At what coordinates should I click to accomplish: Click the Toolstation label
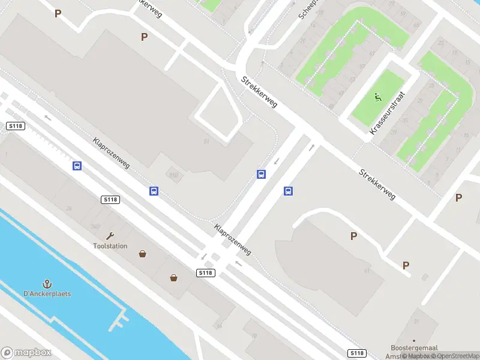tap(110, 246)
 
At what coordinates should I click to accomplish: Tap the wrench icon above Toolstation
tap(110, 236)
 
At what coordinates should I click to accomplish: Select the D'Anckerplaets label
tap(47, 294)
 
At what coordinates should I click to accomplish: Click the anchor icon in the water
tap(46, 284)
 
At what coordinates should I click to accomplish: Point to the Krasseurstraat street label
tap(388, 113)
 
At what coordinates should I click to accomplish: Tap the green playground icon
tap(378, 97)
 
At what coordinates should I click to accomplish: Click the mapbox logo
tap(26, 353)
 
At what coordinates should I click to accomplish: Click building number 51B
tap(174, 175)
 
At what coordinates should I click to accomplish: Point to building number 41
tap(366, 271)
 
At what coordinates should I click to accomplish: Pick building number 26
tap(69, 209)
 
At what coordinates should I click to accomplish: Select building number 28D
tap(95, 226)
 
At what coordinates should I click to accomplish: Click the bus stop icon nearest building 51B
tap(154, 191)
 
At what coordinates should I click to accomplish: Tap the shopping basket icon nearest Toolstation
tap(143, 254)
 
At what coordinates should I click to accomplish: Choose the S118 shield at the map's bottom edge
tap(356, 353)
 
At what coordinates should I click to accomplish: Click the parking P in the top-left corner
tap(58, 13)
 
